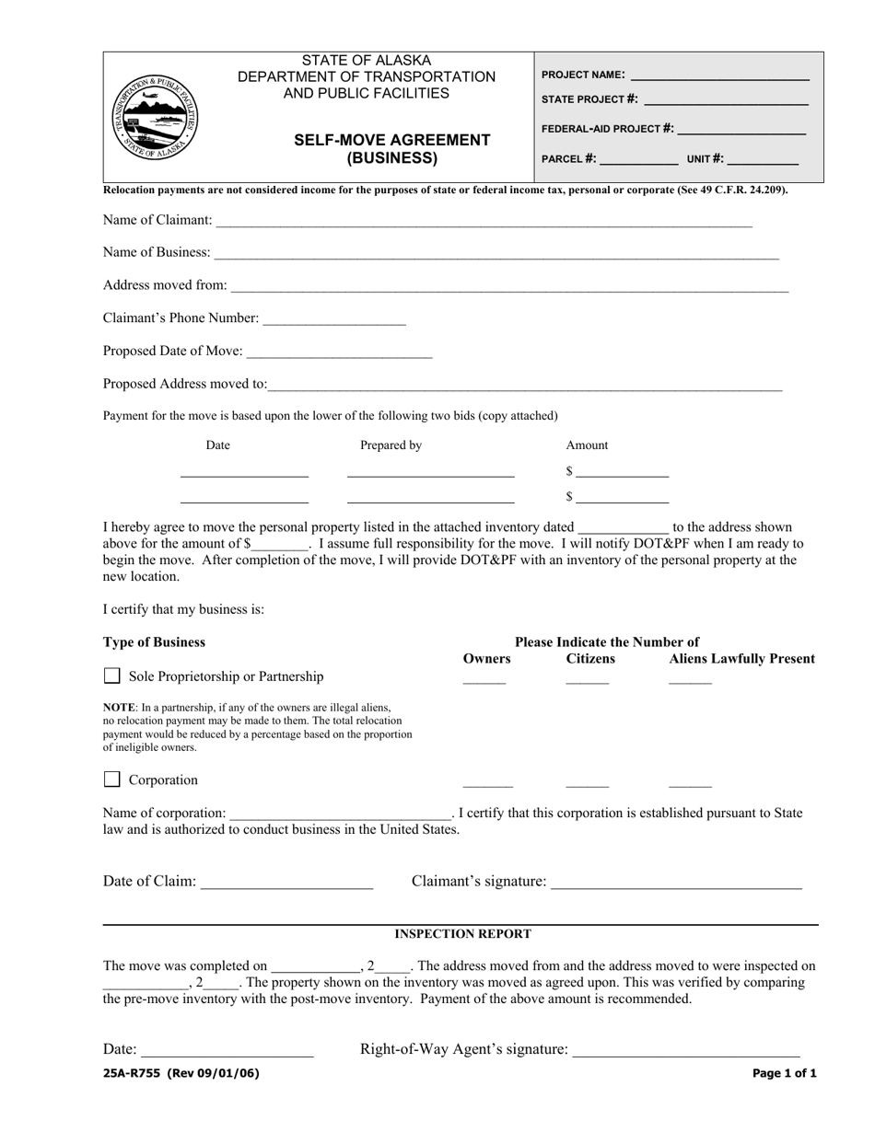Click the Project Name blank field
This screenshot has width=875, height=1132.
pos(719,76)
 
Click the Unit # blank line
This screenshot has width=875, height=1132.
pos(764,159)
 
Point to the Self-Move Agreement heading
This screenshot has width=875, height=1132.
pos(391,148)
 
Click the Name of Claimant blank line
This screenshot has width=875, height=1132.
pos(484,222)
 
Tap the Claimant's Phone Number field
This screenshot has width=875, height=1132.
pos(333,319)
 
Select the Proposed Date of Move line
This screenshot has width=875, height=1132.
pos(340,352)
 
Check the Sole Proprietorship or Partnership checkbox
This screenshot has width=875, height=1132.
pos(112,676)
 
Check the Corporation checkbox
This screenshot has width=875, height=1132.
pos(112,780)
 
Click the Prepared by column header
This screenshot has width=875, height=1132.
pos(391,445)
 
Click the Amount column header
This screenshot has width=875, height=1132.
pos(587,445)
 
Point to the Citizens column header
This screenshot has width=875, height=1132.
pos(590,659)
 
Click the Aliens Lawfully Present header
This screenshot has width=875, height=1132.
pos(741,659)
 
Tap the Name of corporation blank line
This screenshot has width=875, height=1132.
pos(340,814)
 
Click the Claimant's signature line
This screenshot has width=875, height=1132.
pos(676,883)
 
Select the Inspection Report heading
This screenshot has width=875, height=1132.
pos(462,934)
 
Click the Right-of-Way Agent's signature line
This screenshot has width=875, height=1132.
pos(686,1051)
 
